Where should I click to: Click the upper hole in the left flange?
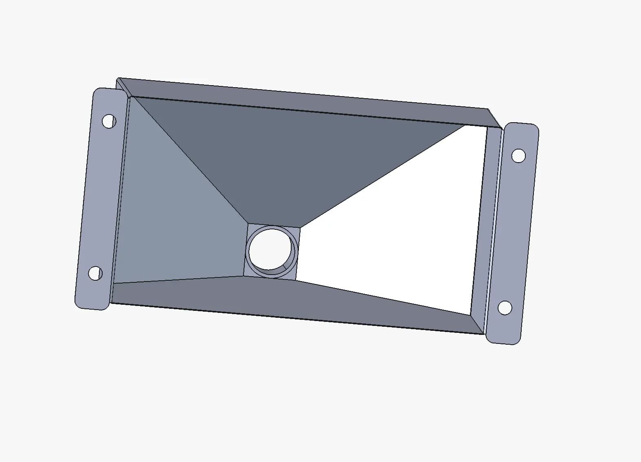[x=109, y=121]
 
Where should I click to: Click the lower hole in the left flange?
[x=95, y=273]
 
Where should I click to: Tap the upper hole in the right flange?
[x=518, y=156]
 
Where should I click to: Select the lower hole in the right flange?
[x=505, y=308]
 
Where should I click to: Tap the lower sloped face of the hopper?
[x=285, y=297]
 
